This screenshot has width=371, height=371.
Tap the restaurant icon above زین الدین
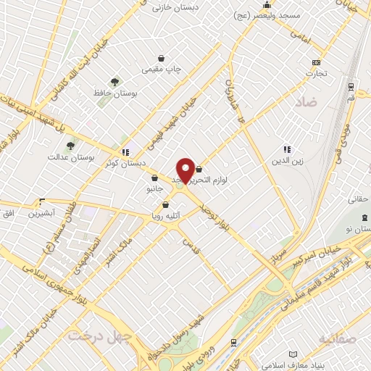(287, 150)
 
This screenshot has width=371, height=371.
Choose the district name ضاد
(306, 104)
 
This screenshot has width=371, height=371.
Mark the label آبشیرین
(41, 214)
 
